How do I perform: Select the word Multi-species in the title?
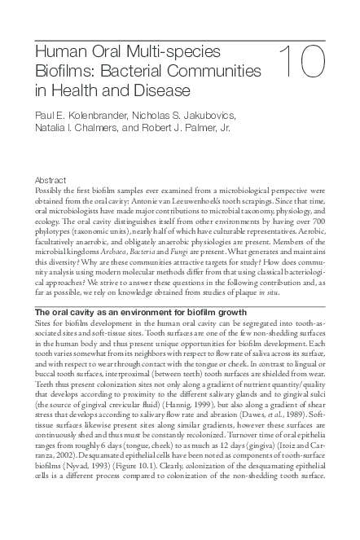coord(170,52)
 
